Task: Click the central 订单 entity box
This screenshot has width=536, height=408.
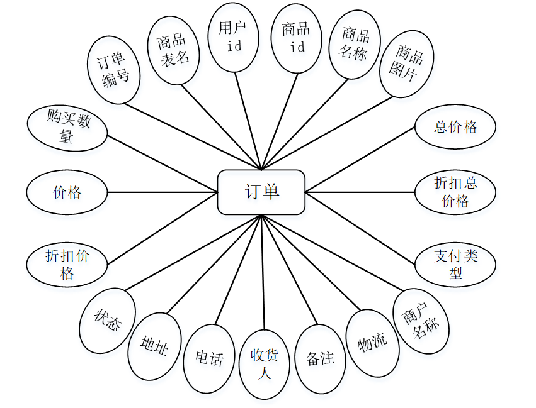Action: [x=261, y=192]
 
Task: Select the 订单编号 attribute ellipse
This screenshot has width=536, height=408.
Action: [x=113, y=70]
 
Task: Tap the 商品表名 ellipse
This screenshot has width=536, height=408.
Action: [x=174, y=50]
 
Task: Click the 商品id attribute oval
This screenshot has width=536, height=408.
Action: [x=296, y=38]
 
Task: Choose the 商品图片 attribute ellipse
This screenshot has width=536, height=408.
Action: [x=407, y=63]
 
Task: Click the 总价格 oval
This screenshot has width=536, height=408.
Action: [x=455, y=127]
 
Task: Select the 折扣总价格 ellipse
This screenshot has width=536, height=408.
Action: [x=455, y=192]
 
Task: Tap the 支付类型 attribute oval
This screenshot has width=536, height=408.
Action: [x=455, y=264]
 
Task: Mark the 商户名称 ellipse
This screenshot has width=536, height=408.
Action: [x=421, y=322]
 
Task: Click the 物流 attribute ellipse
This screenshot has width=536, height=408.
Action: [x=372, y=343]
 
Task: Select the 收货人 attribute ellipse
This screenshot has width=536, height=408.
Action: [x=265, y=365]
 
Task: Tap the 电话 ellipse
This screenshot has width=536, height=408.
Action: [x=209, y=358]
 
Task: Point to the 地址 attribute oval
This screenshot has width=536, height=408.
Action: [x=154, y=346]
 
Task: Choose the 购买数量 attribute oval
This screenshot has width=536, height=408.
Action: [x=67, y=129]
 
